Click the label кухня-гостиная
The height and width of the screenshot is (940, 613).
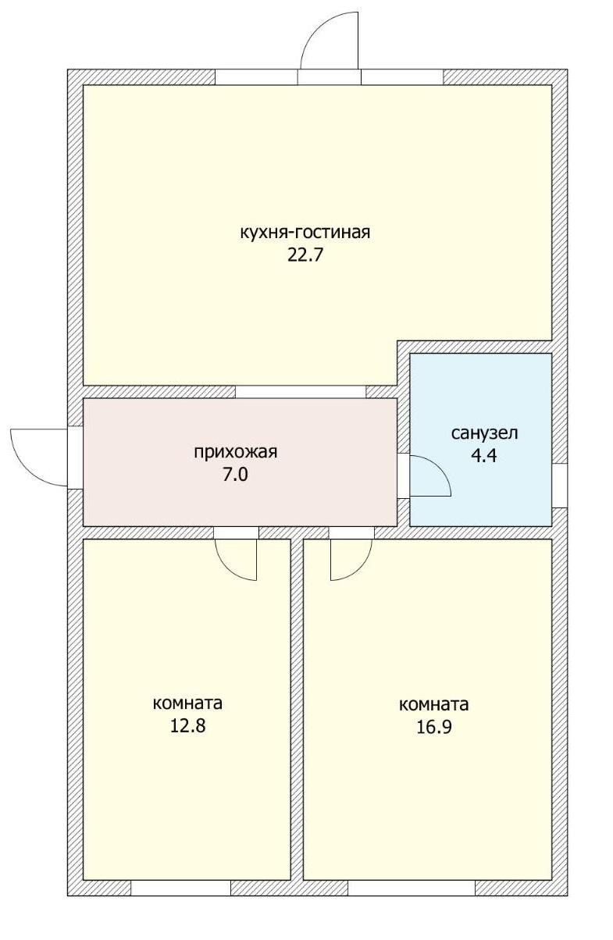305,232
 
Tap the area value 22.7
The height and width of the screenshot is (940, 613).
305,255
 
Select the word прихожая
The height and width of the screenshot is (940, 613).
235,452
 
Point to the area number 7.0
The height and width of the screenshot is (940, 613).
235,475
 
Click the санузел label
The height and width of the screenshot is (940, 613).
484,433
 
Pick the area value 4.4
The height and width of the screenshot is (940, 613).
484,455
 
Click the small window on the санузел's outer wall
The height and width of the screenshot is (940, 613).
559,485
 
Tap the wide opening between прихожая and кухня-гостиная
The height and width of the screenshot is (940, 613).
301,391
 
